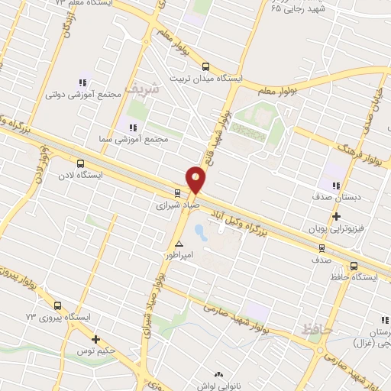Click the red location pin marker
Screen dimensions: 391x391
pyautogui.click(x=197, y=180)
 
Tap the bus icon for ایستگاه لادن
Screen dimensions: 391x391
pyautogui.click(x=81, y=163)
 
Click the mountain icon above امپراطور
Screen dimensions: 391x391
pyautogui.click(x=179, y=243)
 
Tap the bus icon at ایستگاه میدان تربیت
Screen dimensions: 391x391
pyautogui.click(x=205, y=66)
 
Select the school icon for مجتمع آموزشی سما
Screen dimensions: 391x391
pyautogui.click(x=133, y=128)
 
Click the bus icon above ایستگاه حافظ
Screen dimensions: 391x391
pyautogui.click(x=353, y=265)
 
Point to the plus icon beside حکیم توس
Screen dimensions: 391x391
pyautogui.click(x=95, y=340)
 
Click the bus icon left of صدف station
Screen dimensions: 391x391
pyautogui.click(x=321, y=247)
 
